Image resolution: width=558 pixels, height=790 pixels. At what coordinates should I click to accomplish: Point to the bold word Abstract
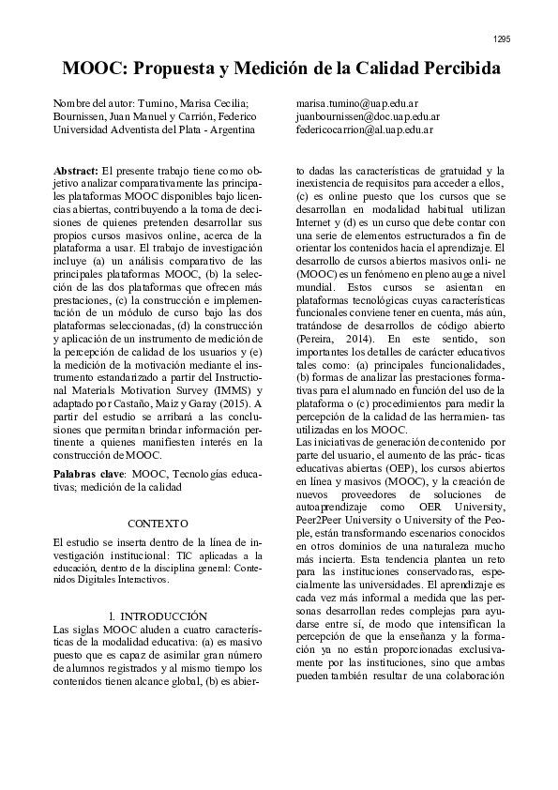tap(78, 170)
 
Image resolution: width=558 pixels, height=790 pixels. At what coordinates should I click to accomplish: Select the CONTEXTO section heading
tap(157, 523)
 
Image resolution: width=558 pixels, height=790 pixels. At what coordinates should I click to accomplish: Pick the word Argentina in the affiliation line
tap(233, 130)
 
